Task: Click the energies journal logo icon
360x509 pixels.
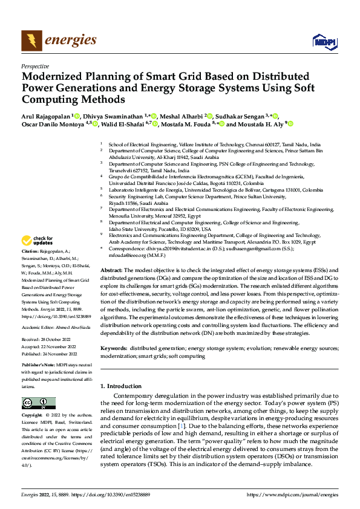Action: point(31,41)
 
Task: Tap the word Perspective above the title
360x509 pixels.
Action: point(34,66)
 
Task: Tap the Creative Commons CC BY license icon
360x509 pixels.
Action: point(39,403)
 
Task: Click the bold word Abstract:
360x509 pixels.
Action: point(112,270)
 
